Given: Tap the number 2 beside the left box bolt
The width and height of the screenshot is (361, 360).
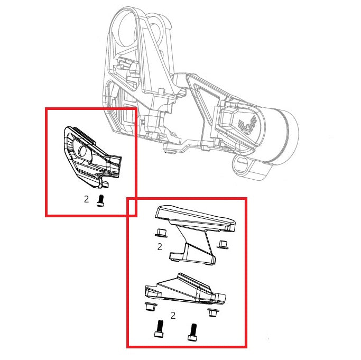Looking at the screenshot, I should coord(86,200).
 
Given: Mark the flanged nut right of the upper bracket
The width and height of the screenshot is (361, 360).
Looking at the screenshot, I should coord(223,244).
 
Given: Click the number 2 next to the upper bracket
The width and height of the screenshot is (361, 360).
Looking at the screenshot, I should coord(159,246).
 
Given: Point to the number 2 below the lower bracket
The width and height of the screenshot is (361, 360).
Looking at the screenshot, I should coord(173,316).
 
